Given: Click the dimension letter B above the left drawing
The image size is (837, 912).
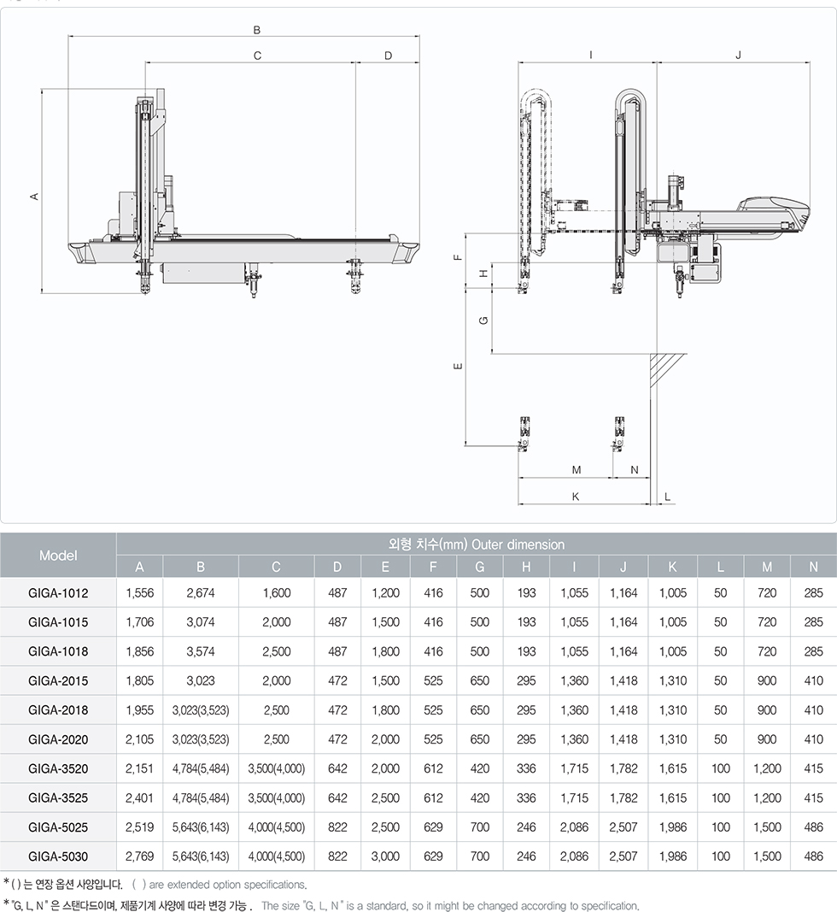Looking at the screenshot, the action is [x=257, y=30].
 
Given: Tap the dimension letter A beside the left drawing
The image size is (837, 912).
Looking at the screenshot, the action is [x=34, y=197].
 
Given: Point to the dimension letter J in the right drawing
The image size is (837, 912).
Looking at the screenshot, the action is [x=738, y=55].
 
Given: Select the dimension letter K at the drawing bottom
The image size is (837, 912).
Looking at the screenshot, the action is [x=576, y=496].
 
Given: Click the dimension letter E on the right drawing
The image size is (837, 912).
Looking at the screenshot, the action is [x=458, y=366].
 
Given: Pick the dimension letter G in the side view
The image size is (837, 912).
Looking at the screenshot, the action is [x=483, y=321].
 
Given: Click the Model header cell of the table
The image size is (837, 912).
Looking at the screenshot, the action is [x=58, y=555].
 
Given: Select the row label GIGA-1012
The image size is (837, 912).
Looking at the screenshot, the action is [x=58, y=592].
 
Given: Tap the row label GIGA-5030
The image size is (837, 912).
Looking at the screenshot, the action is [x=58, y=856].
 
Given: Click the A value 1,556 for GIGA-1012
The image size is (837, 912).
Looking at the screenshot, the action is [x=139, y=592].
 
